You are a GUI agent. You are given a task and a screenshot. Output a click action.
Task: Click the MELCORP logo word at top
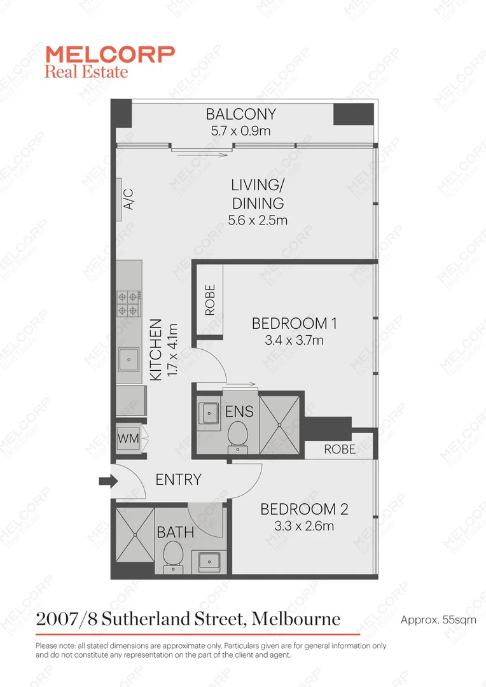109,53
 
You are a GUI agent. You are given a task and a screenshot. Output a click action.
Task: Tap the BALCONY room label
240,114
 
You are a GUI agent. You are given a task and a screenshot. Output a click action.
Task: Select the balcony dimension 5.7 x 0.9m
240,131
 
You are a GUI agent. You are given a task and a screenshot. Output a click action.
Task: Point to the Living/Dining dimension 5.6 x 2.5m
258,221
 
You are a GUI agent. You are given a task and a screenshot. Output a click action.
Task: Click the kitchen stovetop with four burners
128,303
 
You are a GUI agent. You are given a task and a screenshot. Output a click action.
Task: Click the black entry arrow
105,482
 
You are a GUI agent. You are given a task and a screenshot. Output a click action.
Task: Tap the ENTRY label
178,480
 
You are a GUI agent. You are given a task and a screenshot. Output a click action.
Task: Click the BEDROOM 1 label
294,323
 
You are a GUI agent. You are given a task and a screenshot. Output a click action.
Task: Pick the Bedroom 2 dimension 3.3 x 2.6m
303,526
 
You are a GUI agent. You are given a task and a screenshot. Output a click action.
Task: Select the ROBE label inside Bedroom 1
210,300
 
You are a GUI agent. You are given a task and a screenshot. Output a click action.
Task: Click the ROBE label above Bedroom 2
340,449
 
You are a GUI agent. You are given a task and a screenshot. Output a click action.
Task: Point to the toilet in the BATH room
172,558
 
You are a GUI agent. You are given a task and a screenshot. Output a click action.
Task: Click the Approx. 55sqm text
438,619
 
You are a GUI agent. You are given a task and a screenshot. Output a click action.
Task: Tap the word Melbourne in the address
296,618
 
